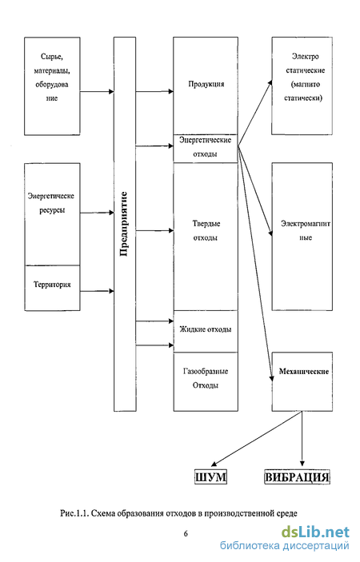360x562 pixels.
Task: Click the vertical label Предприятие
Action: point(124,224)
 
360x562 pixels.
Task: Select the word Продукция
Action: point(206,84)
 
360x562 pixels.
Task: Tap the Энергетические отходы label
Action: point(205,147)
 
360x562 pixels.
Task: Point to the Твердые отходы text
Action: point(206,230)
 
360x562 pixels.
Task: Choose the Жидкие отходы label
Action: point(206,329)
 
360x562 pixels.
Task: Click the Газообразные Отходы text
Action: point(206,378)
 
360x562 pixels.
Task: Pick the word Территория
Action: point(52,285)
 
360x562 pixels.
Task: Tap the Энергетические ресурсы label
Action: point(51,203)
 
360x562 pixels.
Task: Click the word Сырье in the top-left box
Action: point(52,57)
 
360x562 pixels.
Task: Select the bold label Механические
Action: point(304,371)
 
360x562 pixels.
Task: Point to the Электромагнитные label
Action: point(306,230)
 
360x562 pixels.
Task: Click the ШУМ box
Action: point(211,477)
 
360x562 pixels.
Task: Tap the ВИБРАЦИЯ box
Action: point(297,477)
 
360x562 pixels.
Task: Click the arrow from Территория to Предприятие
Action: point(97,291)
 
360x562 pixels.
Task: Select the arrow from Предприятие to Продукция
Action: point(154,91)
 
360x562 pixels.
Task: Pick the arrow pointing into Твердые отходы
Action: point(154,230)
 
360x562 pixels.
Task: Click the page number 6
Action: point(186,534)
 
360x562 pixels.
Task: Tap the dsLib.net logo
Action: point(315,532)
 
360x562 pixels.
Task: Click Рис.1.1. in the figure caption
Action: point(74,513)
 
